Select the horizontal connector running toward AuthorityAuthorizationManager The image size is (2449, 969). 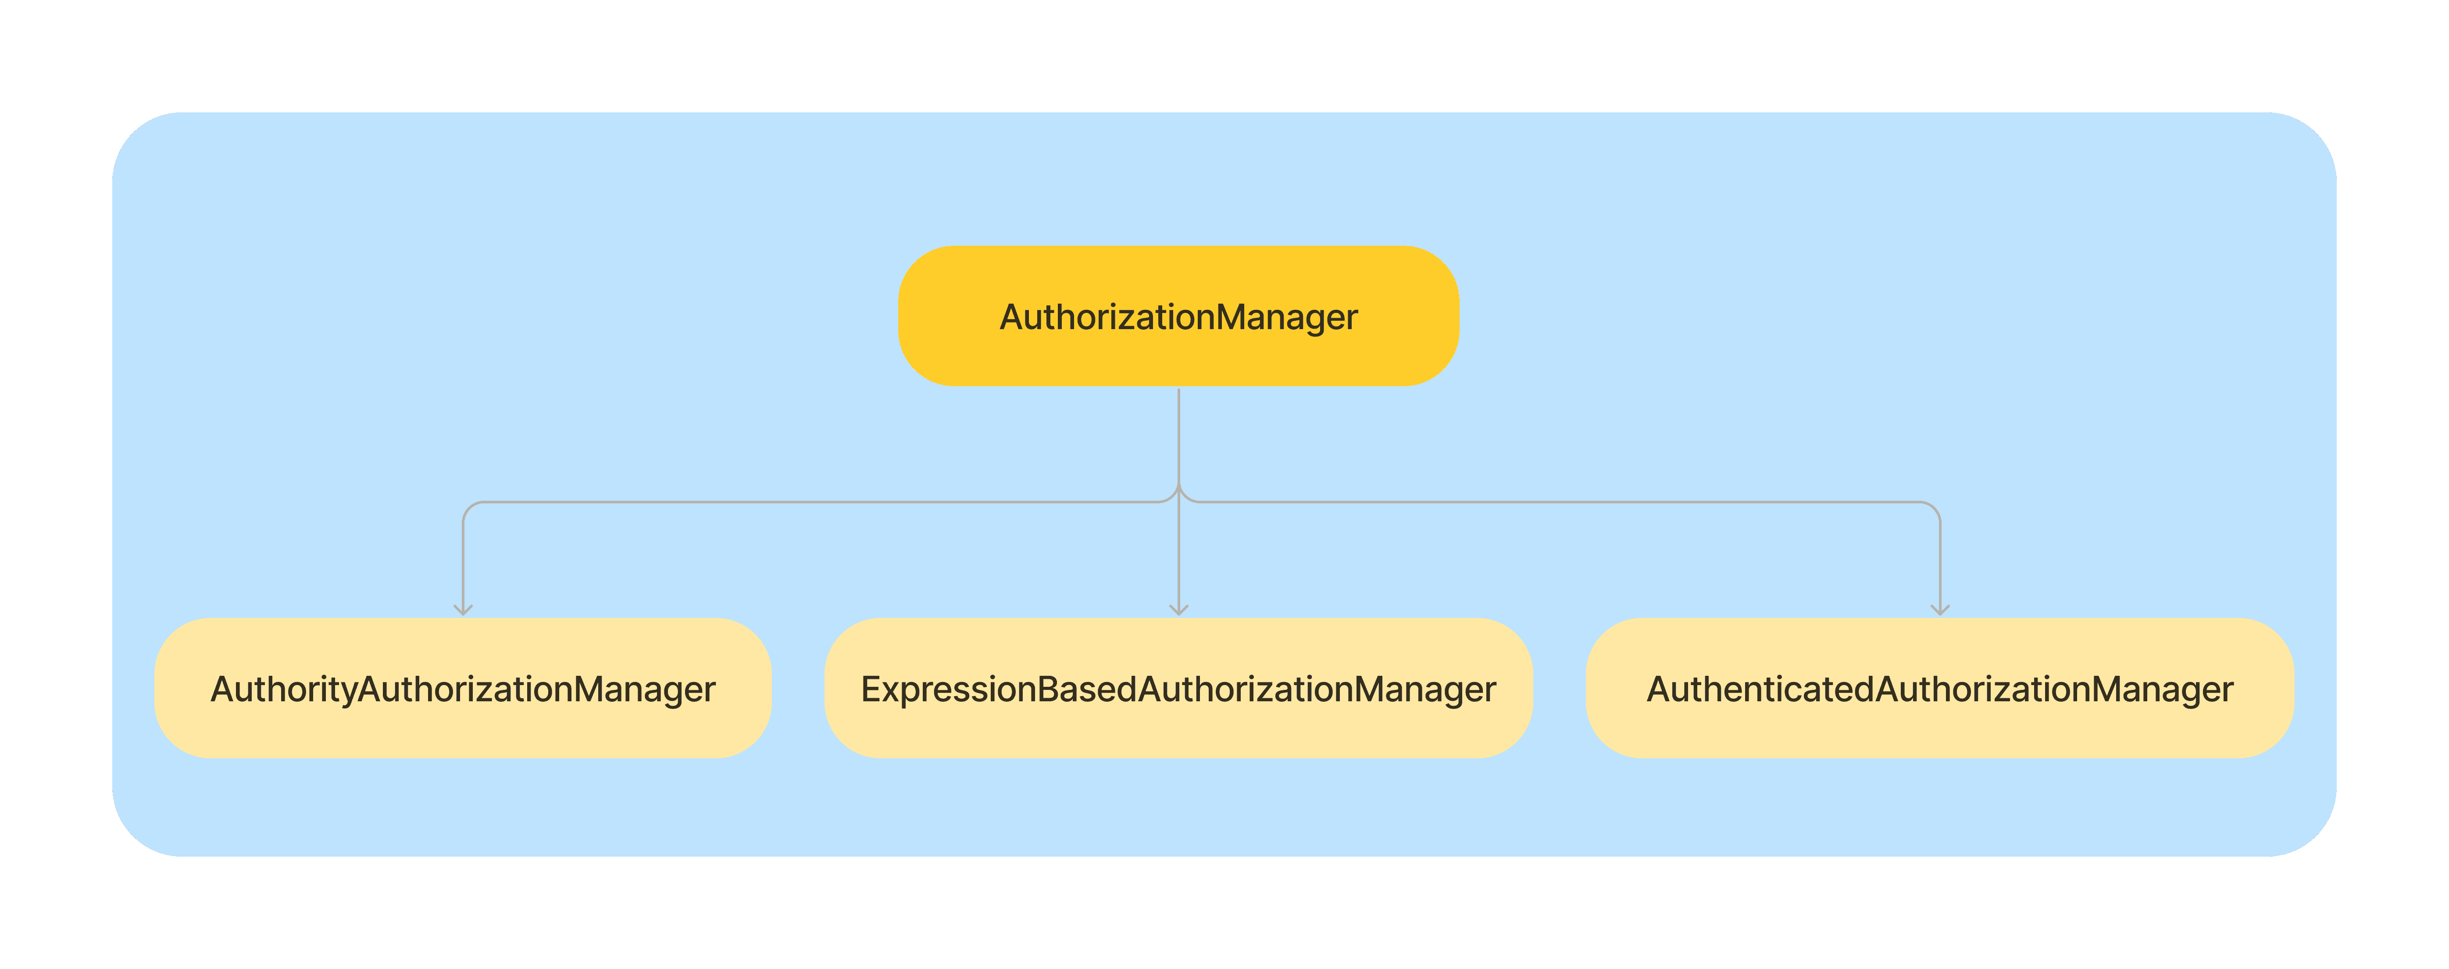click(x=808, y=502)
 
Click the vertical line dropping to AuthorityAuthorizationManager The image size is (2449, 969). click(x=463, y=561)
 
